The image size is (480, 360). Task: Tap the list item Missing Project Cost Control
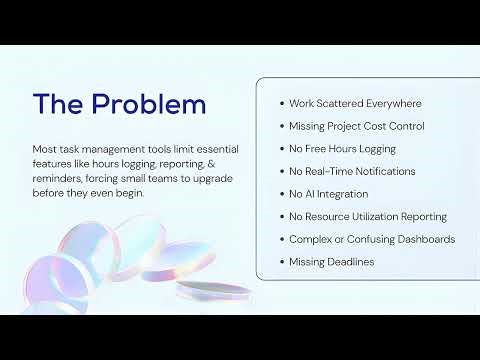[x=356, y=126]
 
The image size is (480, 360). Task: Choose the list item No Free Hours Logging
[x=342, y=148]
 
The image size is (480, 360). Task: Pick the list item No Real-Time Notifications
[x=352, y=171]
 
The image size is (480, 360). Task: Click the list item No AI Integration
[x=328, y=194]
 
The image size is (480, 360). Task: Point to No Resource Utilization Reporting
[x=367, y=216]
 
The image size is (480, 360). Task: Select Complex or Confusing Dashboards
[x=372, y=239]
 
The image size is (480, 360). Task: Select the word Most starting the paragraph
[x=44, y=148]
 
